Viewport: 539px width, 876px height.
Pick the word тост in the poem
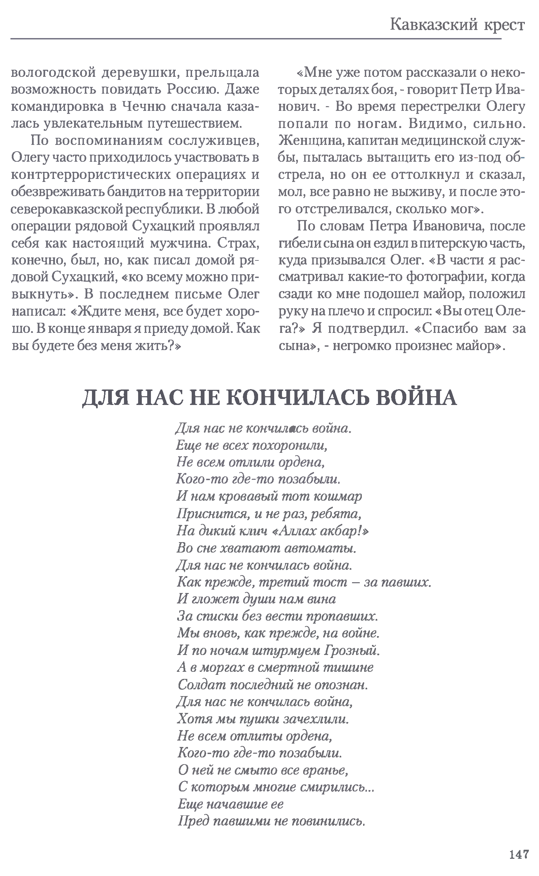coord(330,583)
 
